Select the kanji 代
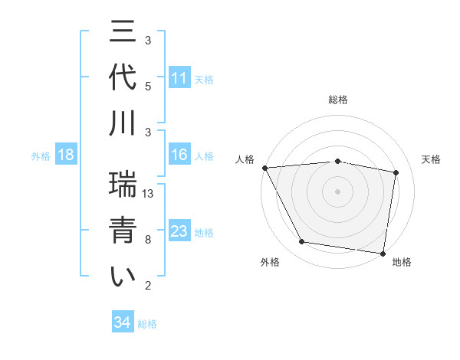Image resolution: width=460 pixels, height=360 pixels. coord(123,79)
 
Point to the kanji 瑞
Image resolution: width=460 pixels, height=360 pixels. coord(123,183)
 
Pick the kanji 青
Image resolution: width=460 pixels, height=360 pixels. coord(123,231)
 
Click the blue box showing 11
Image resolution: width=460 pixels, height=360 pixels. coord(179,78)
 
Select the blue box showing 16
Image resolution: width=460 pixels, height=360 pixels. coord(179,155)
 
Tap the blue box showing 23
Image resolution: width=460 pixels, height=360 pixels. coord(179,231)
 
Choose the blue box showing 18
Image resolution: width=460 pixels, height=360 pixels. coord(66,155)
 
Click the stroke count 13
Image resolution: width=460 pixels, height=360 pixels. coord(149,194)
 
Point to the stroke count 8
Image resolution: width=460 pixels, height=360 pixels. coord(148,240)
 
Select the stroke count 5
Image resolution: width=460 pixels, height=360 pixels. coord(148,86)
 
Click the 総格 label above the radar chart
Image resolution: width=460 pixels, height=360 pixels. coord(338,100)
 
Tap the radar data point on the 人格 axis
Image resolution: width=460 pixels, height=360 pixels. coord(264,168)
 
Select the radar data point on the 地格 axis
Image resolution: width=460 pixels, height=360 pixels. coord(383,253)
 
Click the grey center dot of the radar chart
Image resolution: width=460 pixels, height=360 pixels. coord(338,191)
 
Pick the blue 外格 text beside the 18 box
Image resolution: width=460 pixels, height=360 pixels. coord(41,156)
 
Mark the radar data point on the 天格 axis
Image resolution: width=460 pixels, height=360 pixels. coord(396,172)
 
